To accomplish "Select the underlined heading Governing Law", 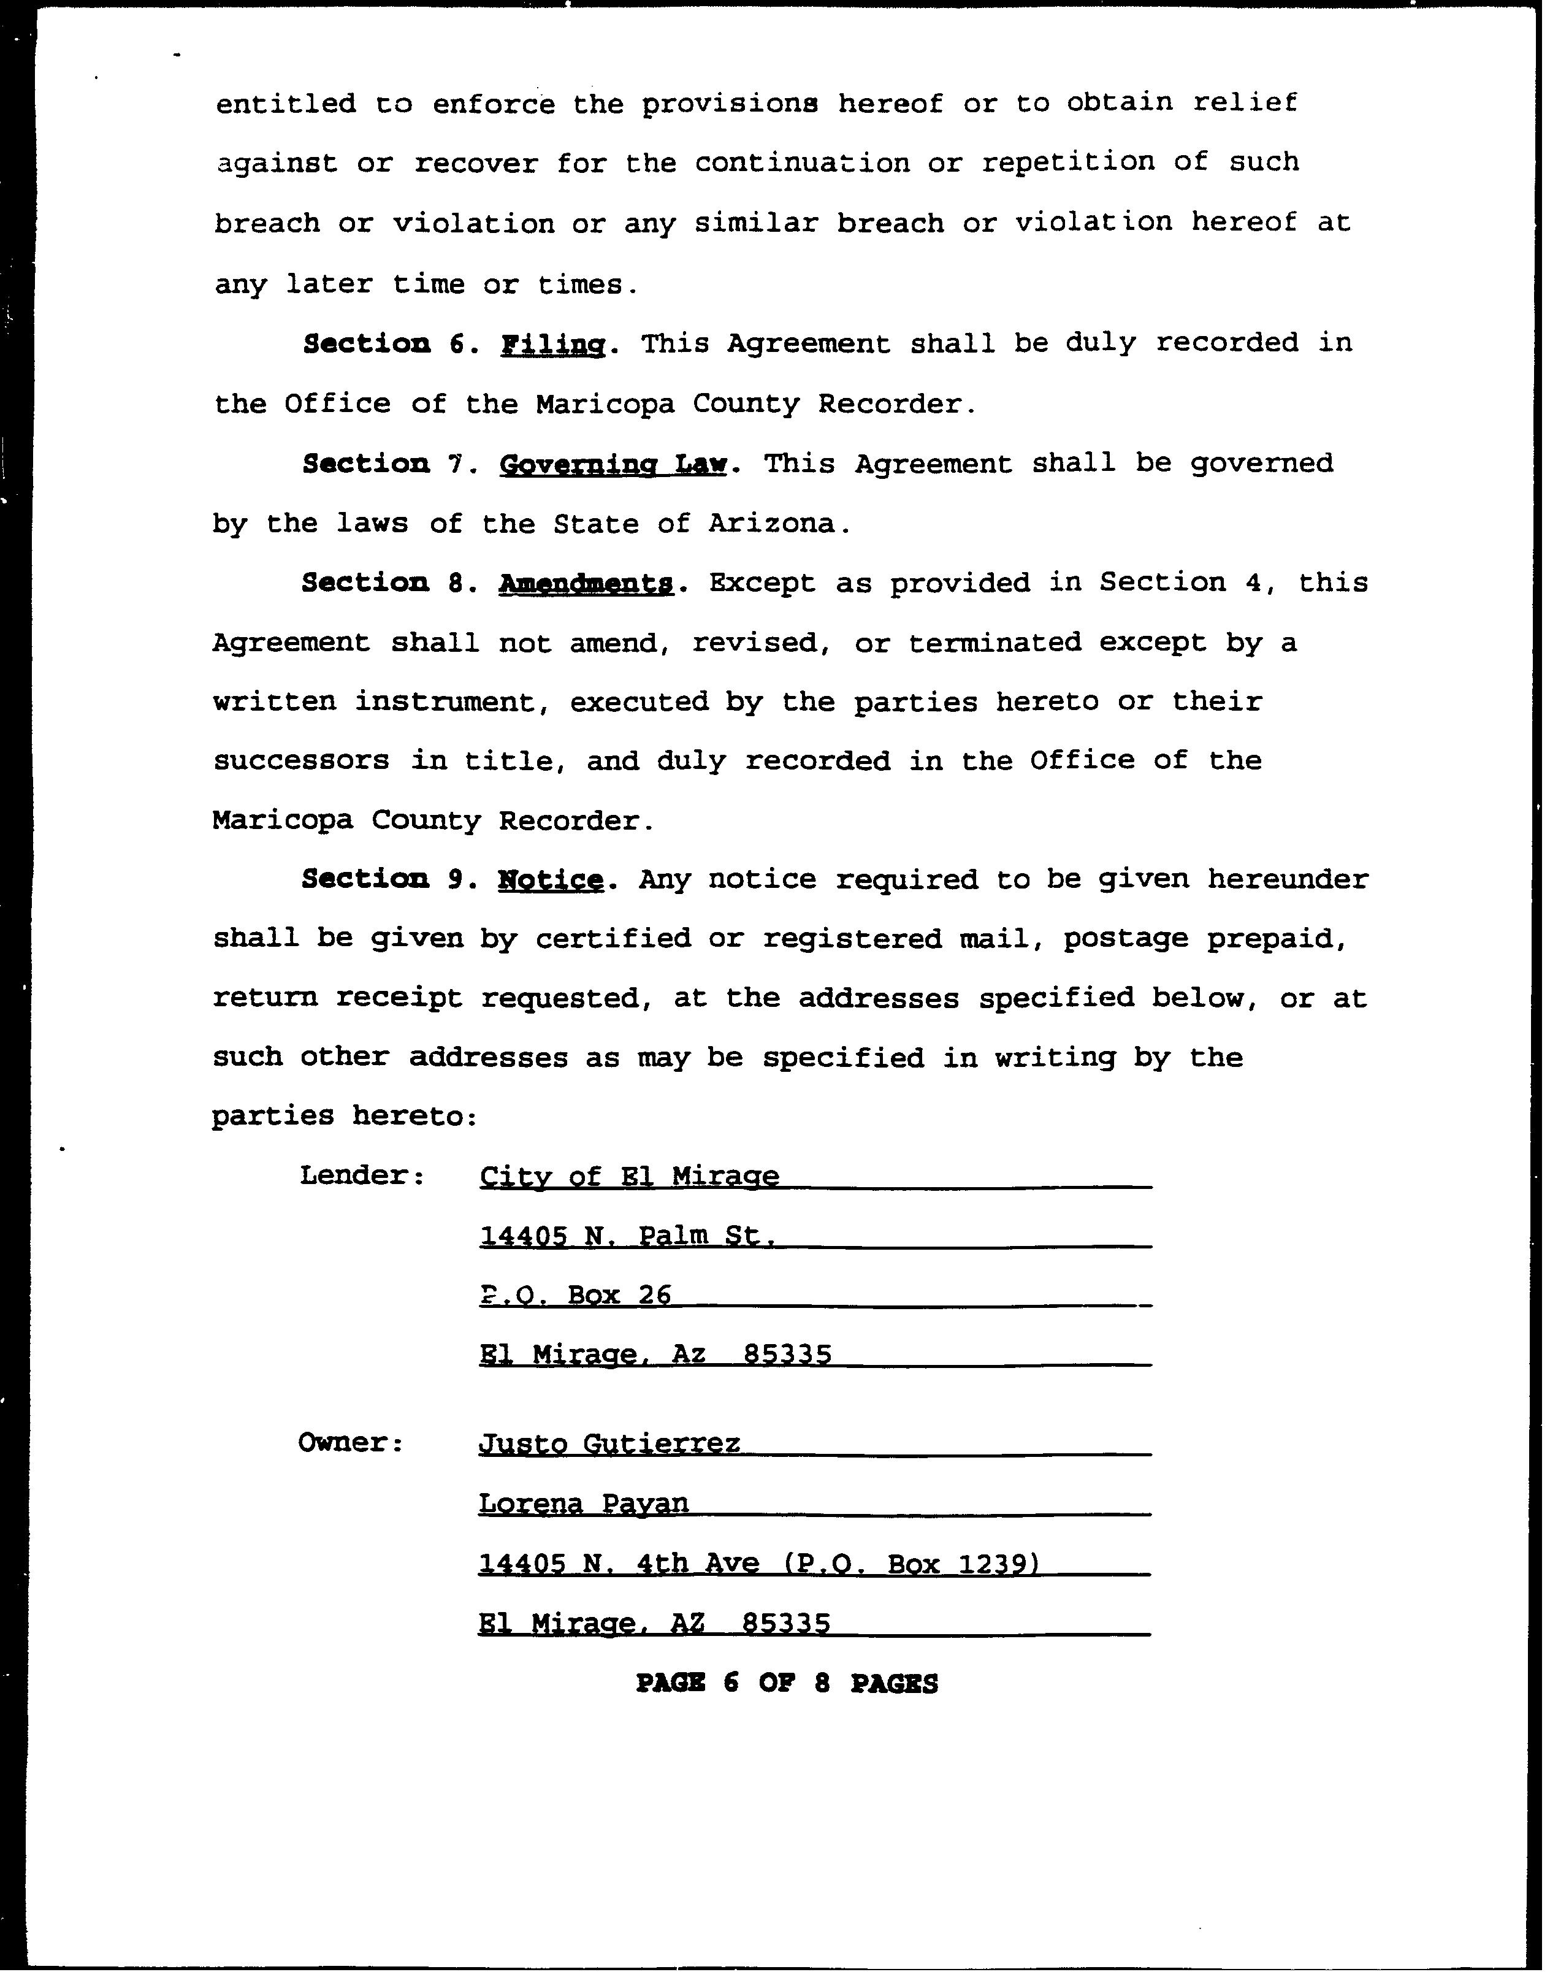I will (614, 465).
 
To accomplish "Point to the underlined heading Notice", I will (550, 881).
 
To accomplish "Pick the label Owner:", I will (350, 1443).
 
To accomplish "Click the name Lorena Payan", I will (584, 1504).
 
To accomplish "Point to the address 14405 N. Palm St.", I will (627, 1236).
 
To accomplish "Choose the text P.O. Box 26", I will (575, 1295).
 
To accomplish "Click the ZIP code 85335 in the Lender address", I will (787, 1355).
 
